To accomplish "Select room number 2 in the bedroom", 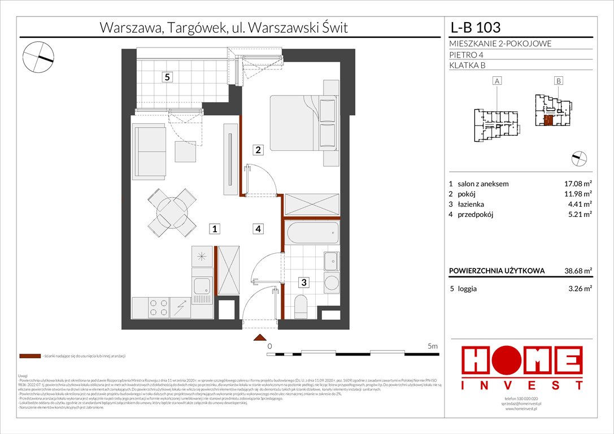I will point(258,150).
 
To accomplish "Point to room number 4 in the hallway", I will point(258,229).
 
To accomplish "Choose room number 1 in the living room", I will point(215,229).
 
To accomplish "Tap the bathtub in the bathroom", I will point(311,232).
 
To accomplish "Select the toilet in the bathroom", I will point(301,307).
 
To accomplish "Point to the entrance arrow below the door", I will point(259,338).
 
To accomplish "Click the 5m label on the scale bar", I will point(433,345).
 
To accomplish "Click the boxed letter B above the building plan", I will point(558,81).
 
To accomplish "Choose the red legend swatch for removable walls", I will point(29,357).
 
